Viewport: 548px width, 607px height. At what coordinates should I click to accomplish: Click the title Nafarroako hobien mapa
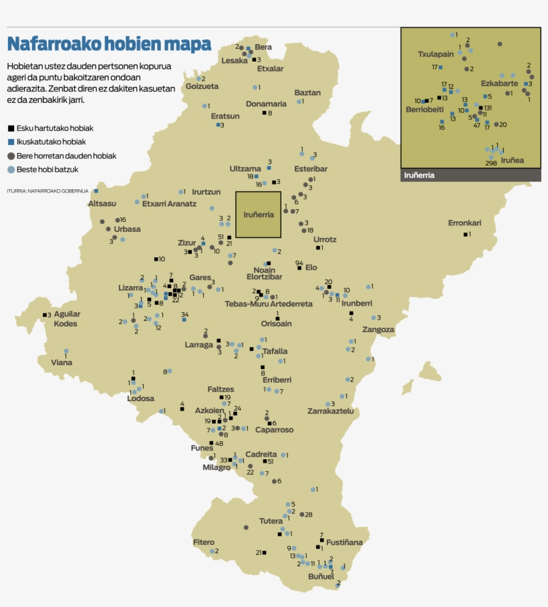click(109, 44)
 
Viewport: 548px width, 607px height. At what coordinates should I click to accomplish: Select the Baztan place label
click(307, 93)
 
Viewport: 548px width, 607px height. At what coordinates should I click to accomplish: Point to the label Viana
click(61, 362)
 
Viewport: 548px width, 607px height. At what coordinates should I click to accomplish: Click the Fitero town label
click(204, 542)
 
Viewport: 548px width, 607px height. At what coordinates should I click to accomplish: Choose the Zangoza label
click(378, 330)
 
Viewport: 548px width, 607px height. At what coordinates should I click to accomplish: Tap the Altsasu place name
click(102, 203)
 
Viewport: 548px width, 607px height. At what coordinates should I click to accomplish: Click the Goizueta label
click(202, 86)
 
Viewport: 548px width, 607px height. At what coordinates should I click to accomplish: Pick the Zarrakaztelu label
click(330, 411)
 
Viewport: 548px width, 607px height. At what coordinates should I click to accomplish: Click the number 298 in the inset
click(491, 163)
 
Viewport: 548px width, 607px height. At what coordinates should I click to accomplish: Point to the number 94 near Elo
click(299, 263)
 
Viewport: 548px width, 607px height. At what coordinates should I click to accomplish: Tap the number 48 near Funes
click(219, 443)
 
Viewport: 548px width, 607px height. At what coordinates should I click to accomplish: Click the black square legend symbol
click(11, 128)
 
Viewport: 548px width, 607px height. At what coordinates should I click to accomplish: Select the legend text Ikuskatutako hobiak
click(51, 142)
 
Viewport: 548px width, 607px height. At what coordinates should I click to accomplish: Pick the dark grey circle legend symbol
click(11, 156)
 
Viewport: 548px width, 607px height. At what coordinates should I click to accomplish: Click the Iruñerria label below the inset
click(420, 175)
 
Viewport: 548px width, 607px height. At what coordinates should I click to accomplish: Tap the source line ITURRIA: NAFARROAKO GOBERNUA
click(47, 191)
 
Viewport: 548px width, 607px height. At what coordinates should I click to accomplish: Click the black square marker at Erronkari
click(465, 234)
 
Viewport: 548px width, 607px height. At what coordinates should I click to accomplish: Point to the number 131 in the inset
click(487, 108)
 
